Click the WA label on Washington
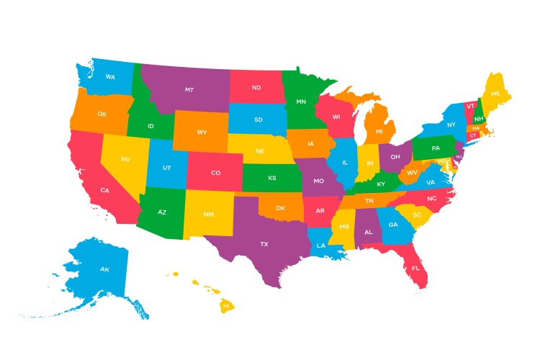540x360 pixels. click(x=110, y=76)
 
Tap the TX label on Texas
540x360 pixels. click(x=264, y=244)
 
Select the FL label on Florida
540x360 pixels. click(x=415, y=268)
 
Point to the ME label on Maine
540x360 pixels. click(x=495, y=94)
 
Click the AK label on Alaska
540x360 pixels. click(x=104, y=269)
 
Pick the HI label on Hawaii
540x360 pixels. click(x=226, y=305)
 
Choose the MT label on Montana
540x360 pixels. click(x=189, y=90)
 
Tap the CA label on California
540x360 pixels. click(x=104, y=190)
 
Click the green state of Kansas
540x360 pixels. click(x=272, y=178)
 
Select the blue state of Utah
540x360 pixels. click(x=166, y=167)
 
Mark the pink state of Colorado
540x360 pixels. click(x=215, y=173)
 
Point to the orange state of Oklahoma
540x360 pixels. click(x=281, y=208)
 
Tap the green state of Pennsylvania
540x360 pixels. click(x=435, y=148)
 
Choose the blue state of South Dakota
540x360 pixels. click(x=258, y=120)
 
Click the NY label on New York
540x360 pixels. click(x=451, y=125)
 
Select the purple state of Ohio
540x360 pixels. click(x=395, y=156)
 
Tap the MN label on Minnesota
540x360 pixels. click(x=301, y=102)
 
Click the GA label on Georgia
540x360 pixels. click(x=392, y=225)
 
